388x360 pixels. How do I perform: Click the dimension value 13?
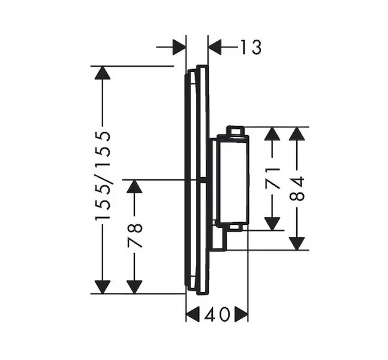[251, 47]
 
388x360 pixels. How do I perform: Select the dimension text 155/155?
[103, 175]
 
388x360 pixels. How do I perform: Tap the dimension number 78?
[135, 235]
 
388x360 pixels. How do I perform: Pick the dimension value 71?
[272, 178]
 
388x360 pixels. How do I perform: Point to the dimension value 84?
[297, 188]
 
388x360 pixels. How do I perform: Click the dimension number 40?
[216, 314]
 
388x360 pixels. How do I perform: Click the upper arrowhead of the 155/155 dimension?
[103, 73]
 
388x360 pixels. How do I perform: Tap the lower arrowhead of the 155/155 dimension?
[103, 287]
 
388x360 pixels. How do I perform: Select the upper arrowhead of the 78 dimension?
[134, 187]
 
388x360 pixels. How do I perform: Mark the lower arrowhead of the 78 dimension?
[134, 287]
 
